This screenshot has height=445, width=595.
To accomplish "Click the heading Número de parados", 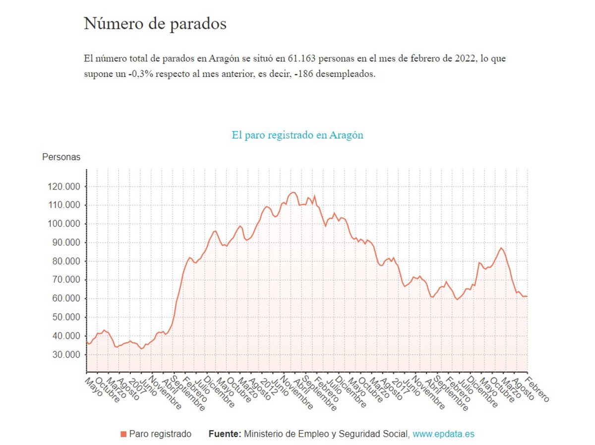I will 155,24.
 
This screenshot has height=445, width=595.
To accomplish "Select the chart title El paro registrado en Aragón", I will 297,135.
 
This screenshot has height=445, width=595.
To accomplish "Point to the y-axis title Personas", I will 61,157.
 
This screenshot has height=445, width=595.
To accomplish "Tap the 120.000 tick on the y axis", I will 63,187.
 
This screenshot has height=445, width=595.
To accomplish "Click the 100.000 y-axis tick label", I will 63,224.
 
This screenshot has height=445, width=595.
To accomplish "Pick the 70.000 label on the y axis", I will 63,280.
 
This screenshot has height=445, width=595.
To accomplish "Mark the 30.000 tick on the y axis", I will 63,355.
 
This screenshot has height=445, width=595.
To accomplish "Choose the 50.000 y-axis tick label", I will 63,318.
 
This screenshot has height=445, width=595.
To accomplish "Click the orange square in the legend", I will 123,435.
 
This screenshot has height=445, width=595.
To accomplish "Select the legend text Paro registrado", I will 160,434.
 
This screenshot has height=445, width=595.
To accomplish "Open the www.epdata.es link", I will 443,434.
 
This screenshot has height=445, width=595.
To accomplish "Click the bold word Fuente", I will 225,434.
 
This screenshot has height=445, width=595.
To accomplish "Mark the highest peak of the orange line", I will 293,192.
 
